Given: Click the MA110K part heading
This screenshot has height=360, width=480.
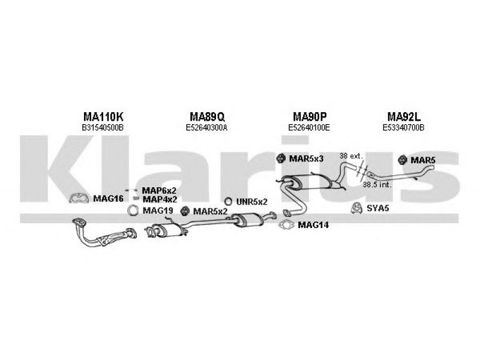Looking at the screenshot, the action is click(103, 116).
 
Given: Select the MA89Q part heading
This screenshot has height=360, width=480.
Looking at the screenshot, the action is click(207, 116).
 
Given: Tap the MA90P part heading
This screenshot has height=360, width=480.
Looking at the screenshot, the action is click(310, 116).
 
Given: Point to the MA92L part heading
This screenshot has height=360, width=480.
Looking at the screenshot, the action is click(404, 116).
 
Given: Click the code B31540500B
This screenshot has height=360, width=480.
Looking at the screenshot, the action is click(103, 128).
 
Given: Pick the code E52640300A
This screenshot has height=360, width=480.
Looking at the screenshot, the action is click(206, 128).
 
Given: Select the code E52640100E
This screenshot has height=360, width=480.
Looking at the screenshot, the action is click(309, 128).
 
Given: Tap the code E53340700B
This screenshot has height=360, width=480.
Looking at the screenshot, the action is click(403, 128).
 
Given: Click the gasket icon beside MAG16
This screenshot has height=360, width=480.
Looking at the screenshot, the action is click(79, 198).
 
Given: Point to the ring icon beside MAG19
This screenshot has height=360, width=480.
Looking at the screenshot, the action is click(133, 211).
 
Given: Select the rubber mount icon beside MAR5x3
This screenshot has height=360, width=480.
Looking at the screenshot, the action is click(280, 158).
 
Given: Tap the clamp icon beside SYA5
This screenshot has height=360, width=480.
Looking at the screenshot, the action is click(356, 208).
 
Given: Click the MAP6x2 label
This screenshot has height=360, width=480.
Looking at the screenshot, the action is click(159, 191).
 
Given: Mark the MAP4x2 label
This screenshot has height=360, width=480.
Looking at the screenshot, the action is click(160, 200).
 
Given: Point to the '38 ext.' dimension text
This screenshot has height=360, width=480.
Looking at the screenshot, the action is click(351, 156).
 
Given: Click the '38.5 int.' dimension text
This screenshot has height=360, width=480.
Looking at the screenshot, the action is click(377, 185).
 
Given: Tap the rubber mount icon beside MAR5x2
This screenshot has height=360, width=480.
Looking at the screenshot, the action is click(184, 211).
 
